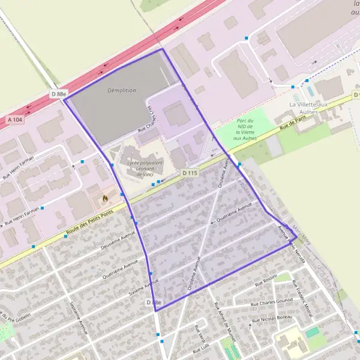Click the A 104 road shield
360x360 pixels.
[17, 121]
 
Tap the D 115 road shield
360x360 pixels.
[189, 173]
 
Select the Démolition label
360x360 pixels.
[121, 90]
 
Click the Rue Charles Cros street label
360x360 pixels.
[151, 120]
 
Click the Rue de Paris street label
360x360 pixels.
[293, 127]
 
